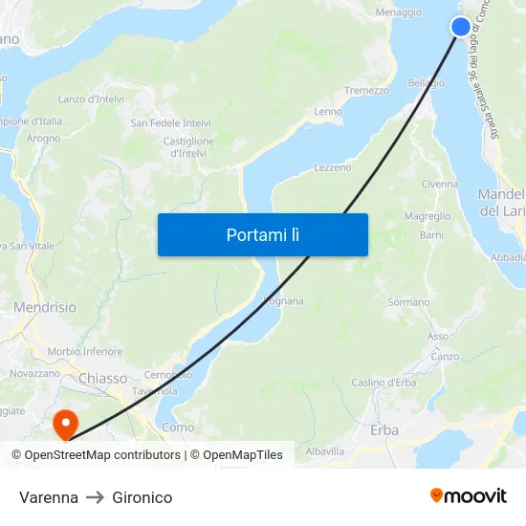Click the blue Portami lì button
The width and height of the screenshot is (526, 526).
[263, 234]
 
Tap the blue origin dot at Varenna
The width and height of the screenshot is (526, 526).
[461, 26]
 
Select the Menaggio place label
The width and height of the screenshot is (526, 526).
[399, 12]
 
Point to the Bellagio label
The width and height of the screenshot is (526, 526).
[426, 83]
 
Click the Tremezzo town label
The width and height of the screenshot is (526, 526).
[366, 91]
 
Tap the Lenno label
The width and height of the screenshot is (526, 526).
[328, 112]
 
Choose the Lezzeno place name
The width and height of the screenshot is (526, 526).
[333, 167]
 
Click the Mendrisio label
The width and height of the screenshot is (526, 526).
[45, 308]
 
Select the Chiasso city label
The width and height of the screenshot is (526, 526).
[102, 379]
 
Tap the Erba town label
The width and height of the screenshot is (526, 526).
[384, 430]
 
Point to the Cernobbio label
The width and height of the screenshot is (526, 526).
[167, 374]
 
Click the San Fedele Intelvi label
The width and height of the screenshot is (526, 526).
[171, 123]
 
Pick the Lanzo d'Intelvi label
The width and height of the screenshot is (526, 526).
[93, 99]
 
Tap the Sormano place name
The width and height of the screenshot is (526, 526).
[408, 302]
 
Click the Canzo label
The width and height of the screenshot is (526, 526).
[445, 357]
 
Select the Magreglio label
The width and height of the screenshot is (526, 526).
[427, 217]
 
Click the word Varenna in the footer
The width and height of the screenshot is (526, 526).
[49, 497]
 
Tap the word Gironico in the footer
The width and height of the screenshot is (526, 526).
[142, 497]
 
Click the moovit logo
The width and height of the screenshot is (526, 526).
[469, 495]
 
